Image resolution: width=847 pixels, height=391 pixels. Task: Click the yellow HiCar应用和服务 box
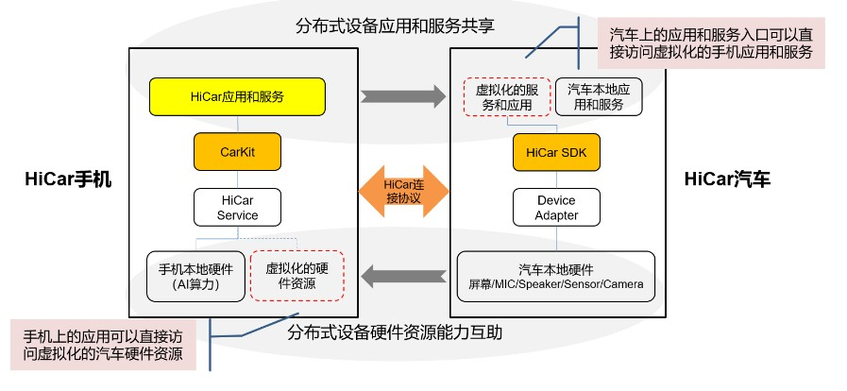237,96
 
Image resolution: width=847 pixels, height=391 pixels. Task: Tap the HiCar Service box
237,207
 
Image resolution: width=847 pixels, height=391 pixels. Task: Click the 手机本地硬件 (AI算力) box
195,276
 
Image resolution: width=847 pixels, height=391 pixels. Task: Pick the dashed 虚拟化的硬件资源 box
296,276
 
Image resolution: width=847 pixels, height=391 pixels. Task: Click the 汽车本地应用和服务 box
597,96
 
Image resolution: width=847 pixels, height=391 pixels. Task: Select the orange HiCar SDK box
556,151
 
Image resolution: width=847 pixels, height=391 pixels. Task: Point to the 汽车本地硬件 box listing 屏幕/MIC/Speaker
556,275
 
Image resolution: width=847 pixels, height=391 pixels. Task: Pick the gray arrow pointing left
403,275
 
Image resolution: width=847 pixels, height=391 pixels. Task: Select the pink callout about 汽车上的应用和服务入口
711,42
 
